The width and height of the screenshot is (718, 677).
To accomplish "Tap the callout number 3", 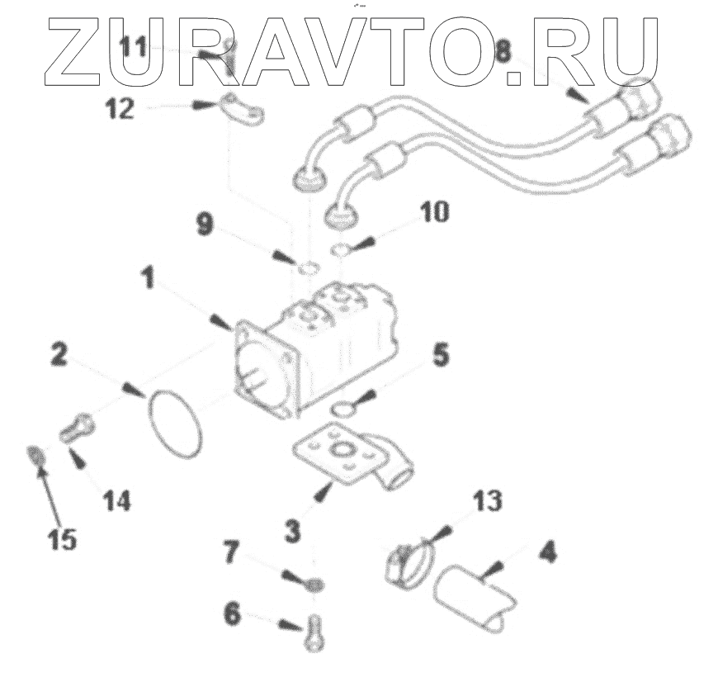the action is point(292,530).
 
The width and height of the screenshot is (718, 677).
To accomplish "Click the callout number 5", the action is point(441,356).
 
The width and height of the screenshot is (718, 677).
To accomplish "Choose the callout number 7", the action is point(233,552).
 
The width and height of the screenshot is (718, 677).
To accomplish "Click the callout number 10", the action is point(434,213).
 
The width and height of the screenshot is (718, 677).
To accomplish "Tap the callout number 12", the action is point(120,109).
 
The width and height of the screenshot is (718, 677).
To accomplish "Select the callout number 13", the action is point(488,502).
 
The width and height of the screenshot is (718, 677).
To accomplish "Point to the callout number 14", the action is point(116,499).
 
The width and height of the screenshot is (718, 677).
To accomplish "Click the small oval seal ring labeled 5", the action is point(341,408).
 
